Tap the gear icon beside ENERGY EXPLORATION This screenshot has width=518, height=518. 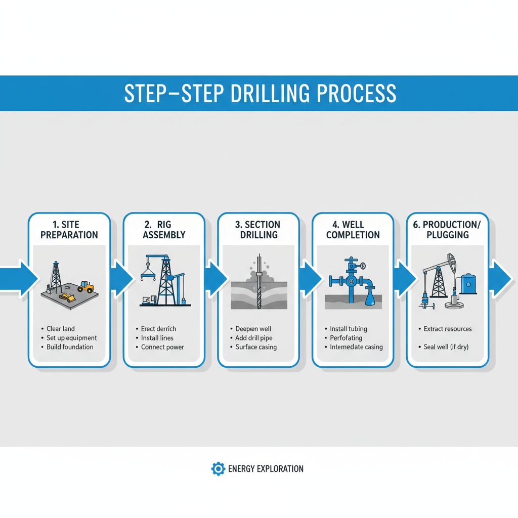coord(218,468)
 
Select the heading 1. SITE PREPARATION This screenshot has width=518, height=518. coord(69,230)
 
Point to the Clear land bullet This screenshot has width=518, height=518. coord(61,329)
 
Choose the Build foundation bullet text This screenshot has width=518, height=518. coord(70,347)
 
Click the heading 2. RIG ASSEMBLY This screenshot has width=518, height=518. coord(164,230)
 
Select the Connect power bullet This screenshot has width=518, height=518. coord(162,347)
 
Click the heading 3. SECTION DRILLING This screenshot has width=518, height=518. coord(258,230)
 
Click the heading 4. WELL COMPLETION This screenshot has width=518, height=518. coord(353,230)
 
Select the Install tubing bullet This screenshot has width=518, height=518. coord(349,329)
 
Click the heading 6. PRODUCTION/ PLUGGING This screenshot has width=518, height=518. coord(448,230)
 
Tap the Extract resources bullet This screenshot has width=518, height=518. coord(448,329)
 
